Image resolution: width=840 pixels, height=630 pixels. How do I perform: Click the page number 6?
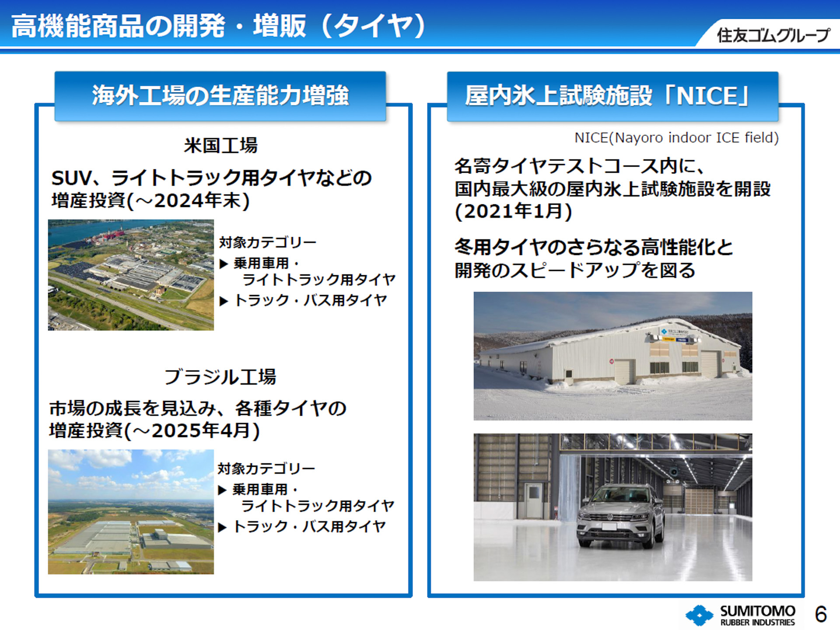[x=820, y=614]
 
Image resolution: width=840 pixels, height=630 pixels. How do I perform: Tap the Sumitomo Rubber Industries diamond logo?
[x=699, y=615]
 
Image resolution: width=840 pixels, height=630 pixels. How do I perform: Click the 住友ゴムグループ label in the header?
[x=773, y=35]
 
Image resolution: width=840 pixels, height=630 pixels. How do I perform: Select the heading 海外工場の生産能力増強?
[x=220, y=95]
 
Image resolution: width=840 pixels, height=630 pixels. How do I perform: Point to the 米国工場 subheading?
[x=221, y=145]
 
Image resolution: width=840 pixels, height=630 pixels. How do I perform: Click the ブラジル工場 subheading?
[x=220, y=377]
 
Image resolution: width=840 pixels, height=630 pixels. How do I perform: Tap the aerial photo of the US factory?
[x=131, y=275]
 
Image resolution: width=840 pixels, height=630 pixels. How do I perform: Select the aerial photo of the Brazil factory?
[x=131, y=511]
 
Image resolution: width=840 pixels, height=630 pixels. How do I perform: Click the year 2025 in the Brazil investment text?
[x=177, y=430]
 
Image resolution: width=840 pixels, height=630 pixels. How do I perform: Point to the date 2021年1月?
[x=514, y=211]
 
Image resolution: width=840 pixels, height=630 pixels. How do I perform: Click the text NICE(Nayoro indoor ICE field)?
[x=676, y=138]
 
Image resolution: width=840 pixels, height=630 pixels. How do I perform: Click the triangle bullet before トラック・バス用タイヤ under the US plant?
[x=224, y=301]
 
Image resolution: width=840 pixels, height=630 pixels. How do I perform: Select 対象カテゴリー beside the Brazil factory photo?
[x=266, y=469]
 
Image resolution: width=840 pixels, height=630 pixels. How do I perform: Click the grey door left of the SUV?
[x=533, y=500]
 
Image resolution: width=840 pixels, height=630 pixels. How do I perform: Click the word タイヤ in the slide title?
[x=374, y=26]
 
